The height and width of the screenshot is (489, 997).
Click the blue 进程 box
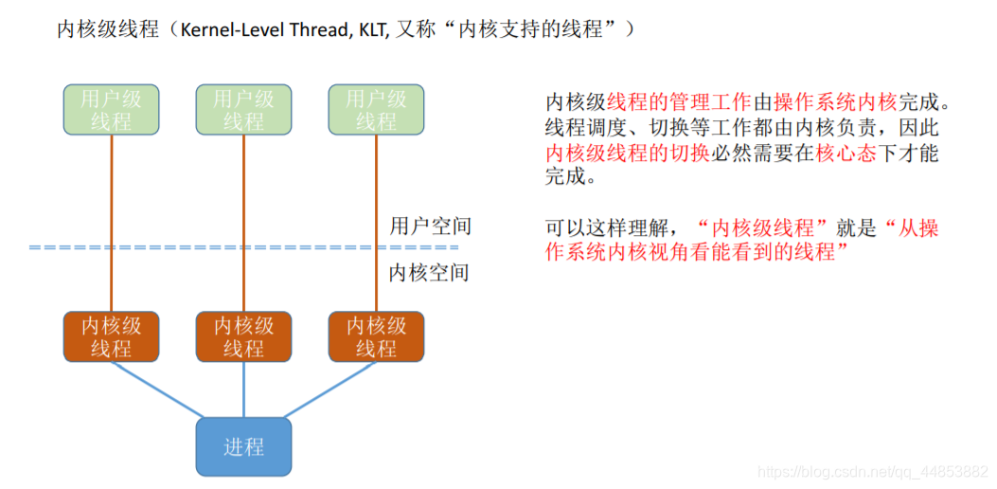click(x=243, y=446)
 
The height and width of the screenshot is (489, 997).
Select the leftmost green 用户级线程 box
click(x=112, y=110)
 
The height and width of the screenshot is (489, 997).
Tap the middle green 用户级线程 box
click(x=243, y=110)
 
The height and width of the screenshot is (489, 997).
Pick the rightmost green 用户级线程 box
click(x=376, y=110)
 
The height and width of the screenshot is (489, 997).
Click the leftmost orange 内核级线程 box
click(x=112, y=336)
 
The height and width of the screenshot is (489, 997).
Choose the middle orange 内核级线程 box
click(x=243, y=336)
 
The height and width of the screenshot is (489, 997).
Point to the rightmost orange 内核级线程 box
click(x=376, y=336)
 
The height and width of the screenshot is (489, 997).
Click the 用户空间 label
click(x=430, y=226)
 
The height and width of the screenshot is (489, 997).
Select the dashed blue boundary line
click(x=189, y=247)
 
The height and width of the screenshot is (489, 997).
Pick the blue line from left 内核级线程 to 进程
click(x=156, y=389)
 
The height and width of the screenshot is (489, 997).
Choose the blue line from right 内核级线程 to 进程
click(x=331, y=389)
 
